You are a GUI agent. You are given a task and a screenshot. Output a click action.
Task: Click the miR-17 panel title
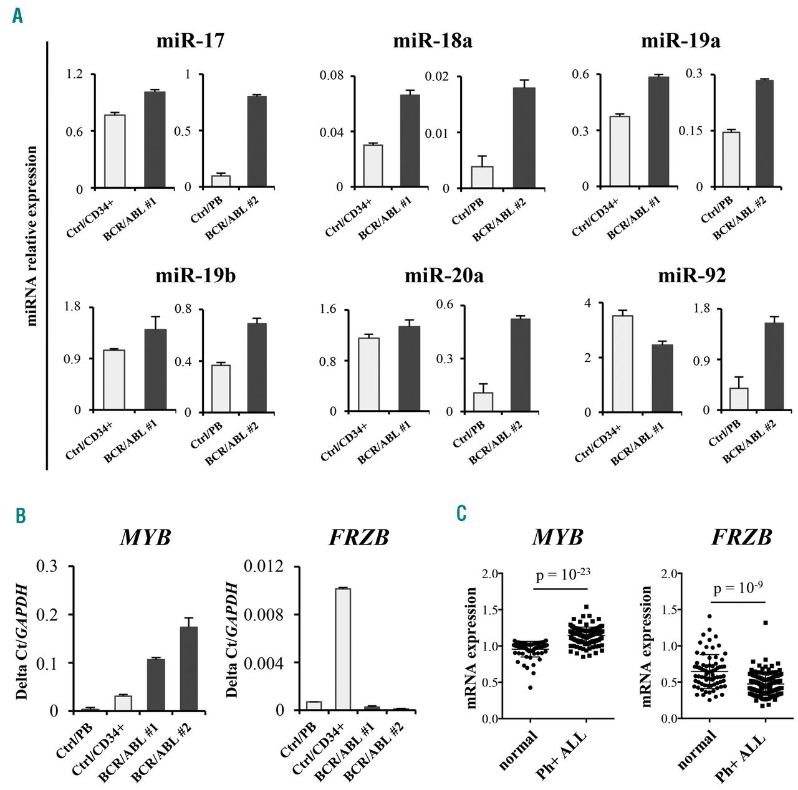(190, 41)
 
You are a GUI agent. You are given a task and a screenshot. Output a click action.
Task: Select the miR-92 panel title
(692, 275)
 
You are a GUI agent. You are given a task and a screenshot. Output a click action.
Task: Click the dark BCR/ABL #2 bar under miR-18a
(524, 137)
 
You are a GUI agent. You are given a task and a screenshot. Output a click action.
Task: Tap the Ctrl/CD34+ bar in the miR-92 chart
(623, 364)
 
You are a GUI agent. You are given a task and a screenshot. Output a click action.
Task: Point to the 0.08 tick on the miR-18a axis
(332, 75)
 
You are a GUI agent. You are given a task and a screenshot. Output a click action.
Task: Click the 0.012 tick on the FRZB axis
(263, 566)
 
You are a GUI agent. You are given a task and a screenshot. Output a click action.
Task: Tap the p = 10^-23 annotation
(560, 575)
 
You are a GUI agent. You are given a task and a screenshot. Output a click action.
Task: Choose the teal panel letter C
(461, 513)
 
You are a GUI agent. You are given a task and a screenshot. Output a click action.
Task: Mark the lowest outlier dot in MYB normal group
(530, 687)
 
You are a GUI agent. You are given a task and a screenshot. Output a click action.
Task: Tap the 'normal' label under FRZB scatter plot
(697, 751)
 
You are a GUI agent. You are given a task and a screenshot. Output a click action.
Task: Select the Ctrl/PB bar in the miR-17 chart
(221, 181)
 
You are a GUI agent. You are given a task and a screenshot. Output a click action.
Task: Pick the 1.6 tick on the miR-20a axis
(328, 309)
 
